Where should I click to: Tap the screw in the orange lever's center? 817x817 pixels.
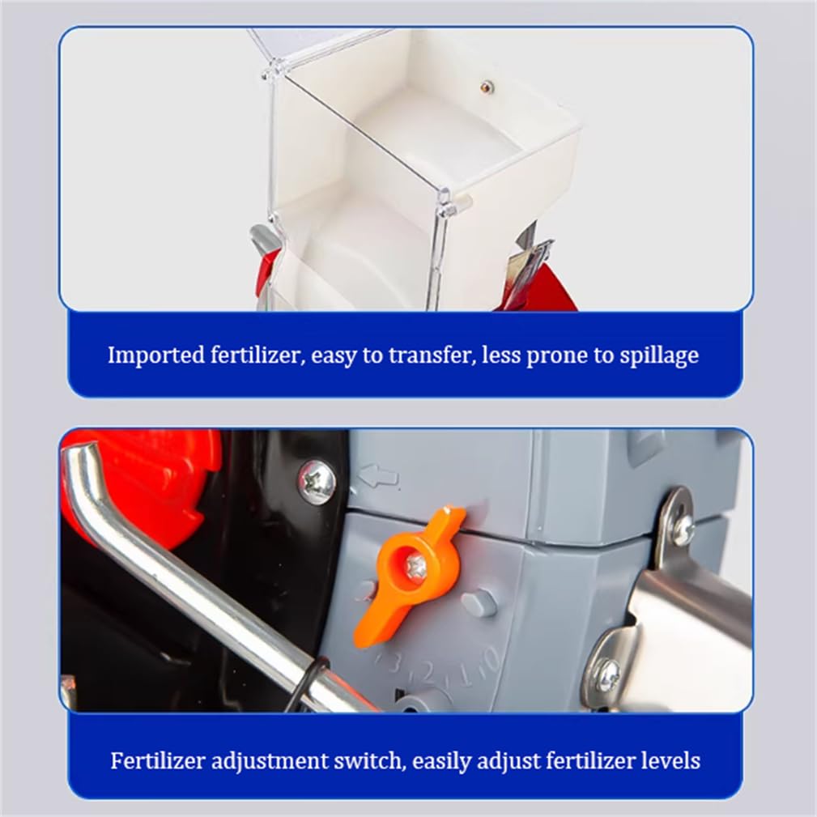coord(416,565)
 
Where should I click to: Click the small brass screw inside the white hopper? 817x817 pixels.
coord(487,87)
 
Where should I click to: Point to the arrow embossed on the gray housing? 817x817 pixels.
coord(378,476)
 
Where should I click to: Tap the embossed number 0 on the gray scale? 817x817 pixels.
coord(491,659)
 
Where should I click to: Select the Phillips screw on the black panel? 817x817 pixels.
coord(317,482)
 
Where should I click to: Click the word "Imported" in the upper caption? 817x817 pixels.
coord(155,356)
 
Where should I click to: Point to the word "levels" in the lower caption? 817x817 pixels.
coord(670,761)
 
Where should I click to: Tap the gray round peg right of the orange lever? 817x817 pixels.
coord(479,603)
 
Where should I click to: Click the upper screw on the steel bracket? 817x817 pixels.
coord(683,530)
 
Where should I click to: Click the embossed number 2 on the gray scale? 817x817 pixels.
coord(428,674)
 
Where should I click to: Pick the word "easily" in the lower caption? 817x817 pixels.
coord(440,762)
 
